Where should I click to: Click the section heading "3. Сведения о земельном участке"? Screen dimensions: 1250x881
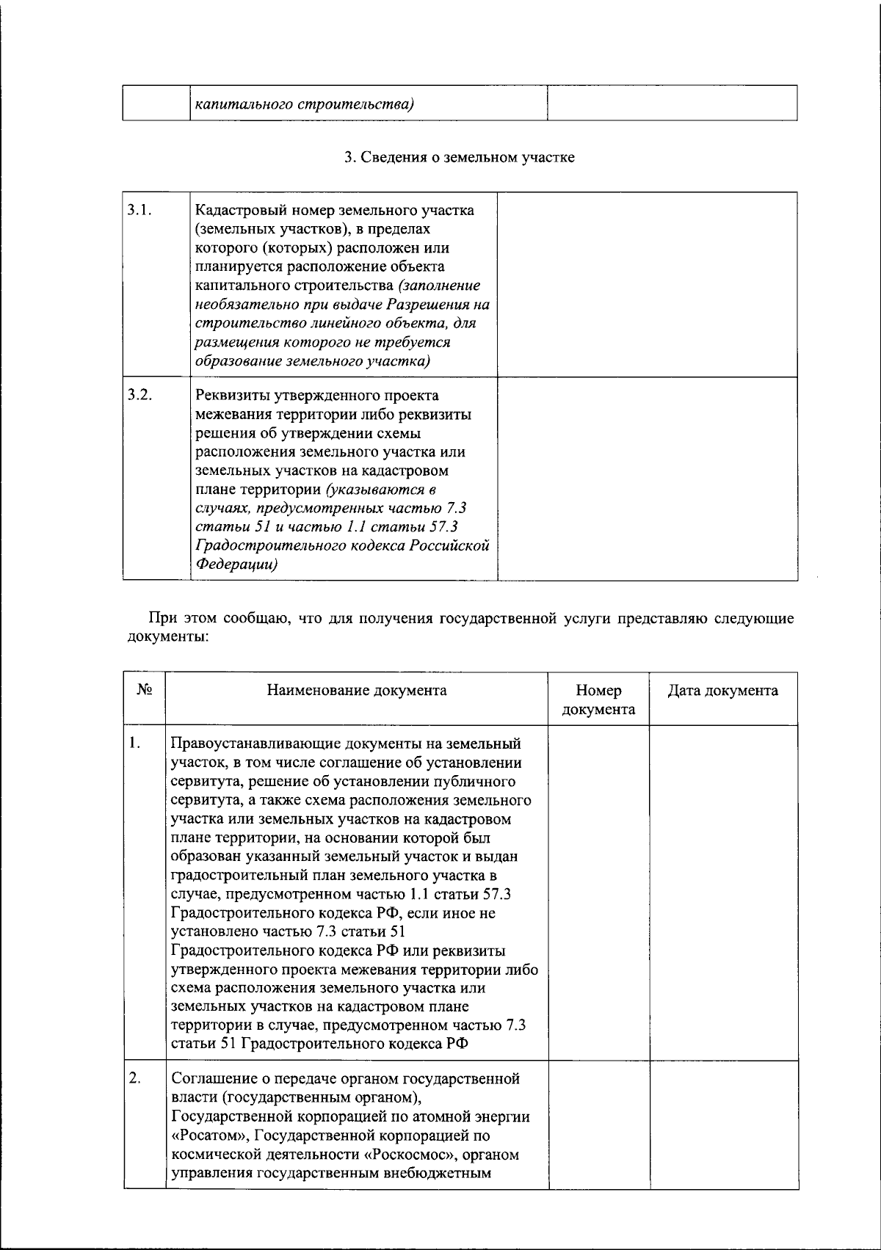click(460, 157)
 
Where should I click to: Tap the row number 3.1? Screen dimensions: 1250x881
click(139, 210)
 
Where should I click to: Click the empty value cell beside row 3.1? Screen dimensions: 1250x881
click(647, 285)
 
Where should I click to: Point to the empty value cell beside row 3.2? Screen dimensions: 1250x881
click(647, 479)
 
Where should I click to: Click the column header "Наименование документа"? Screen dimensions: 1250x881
click(357, 691)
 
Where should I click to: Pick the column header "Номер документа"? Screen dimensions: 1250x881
click(598, 700)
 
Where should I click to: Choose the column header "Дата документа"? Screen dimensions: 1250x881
click(722, 691)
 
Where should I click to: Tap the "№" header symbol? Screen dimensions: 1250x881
click(144, 691)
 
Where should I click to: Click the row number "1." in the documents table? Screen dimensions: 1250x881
click(134, 743)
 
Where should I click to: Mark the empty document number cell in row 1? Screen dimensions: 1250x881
click(598, 893)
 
